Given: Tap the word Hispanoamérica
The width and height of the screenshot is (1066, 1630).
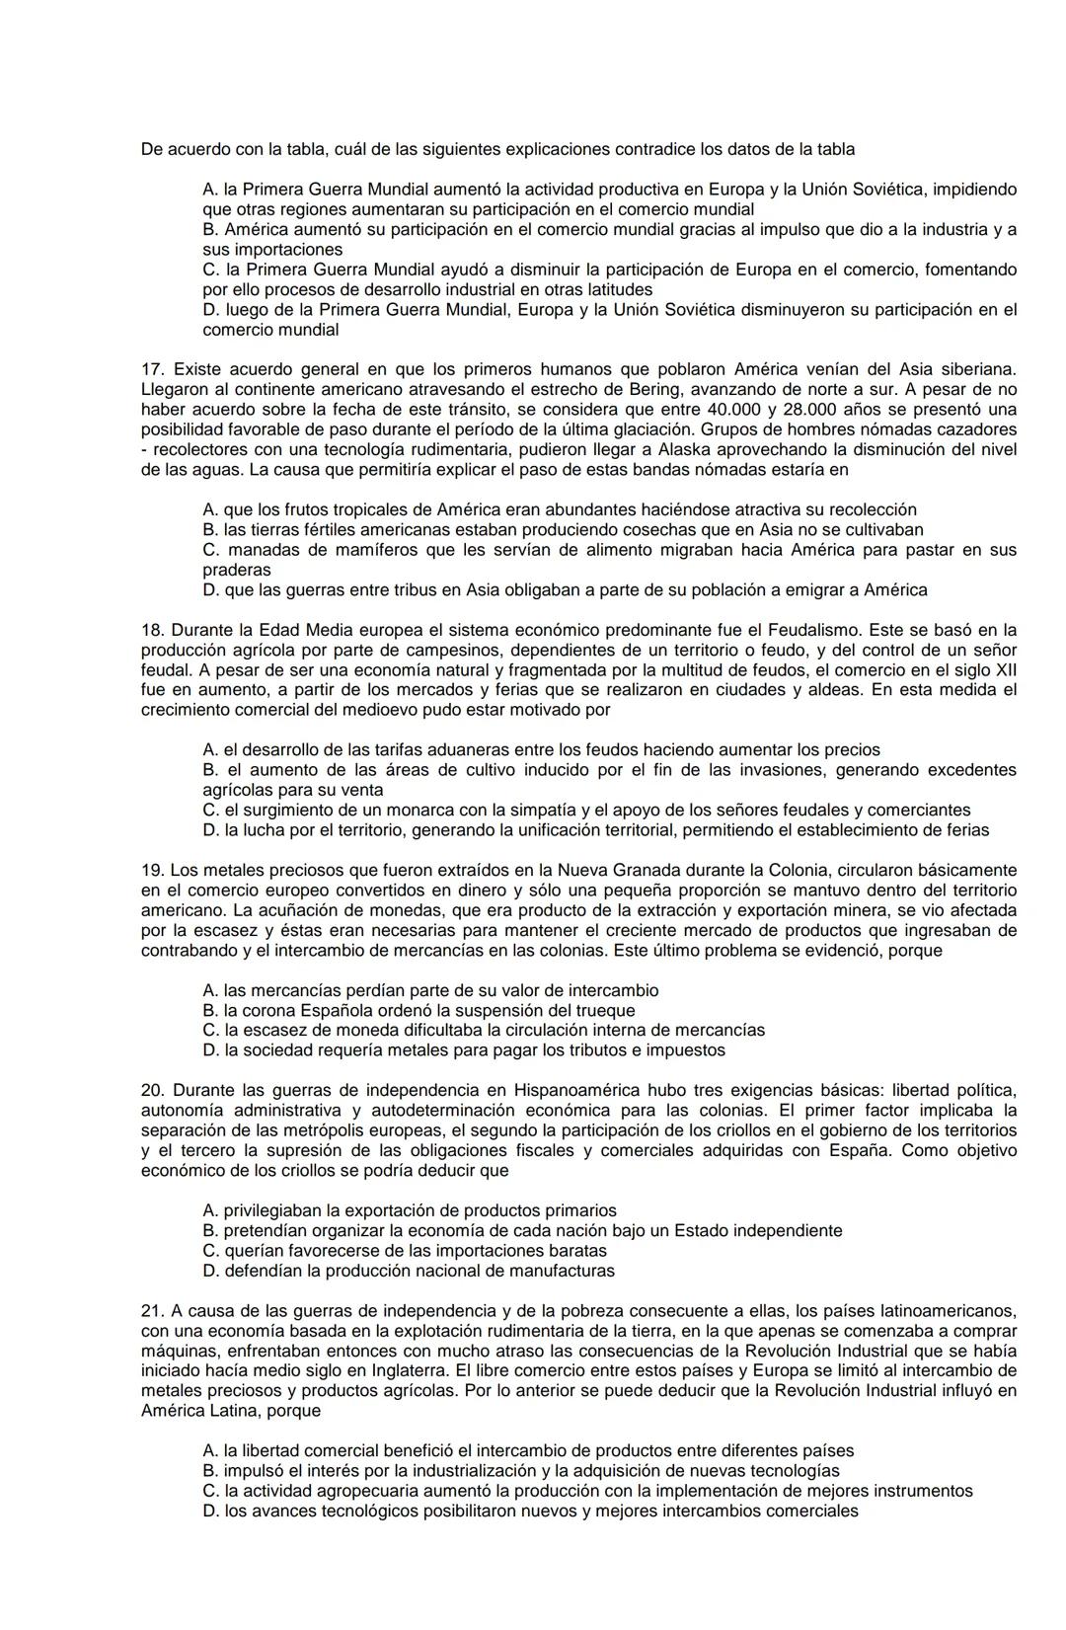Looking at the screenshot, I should pyautogui.click(x=575, y=1090).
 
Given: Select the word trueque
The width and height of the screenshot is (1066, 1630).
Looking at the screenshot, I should pyautogui.click(x=603, y=1010).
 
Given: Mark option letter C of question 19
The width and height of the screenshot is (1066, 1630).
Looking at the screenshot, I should pyautogui.click(x=209, y=1030).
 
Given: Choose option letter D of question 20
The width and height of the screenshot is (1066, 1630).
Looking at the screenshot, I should pyautogui.click(x=209, y=1271).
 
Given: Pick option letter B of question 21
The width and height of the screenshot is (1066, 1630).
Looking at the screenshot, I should pyautogui.click(x=209, y=1471).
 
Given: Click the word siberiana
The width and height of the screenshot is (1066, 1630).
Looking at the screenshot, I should pyautogui.click(x=977, y=369).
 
